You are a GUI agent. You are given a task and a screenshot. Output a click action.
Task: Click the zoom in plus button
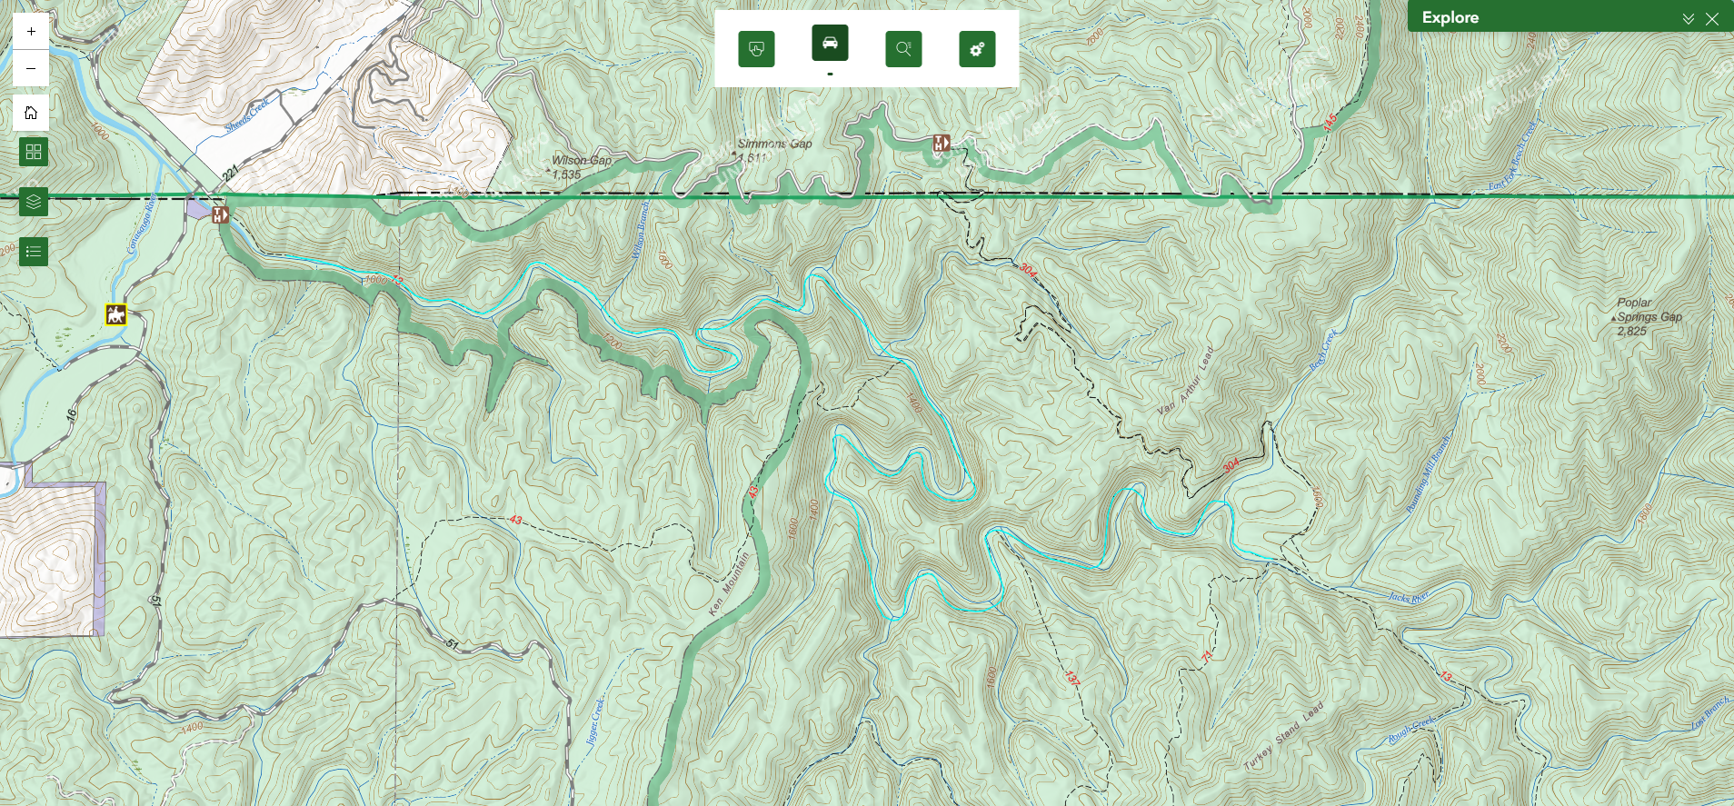point(31,31)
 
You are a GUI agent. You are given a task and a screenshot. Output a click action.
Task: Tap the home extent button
point(31,113)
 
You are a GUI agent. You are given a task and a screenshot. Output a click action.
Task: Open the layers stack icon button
point(34,202)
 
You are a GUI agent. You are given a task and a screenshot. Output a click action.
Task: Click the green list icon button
point(34,252)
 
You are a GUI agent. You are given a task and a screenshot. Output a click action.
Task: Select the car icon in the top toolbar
point(830,43)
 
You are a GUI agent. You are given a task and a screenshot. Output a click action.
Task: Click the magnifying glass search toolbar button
point(903,49)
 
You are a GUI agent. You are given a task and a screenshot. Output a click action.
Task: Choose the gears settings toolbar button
point(977,49)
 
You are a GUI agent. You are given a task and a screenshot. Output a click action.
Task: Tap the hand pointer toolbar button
point(756,49)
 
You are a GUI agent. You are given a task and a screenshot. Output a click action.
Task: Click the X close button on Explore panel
point(1712,18)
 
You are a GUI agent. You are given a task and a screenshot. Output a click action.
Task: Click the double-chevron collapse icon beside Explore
point(1688,18)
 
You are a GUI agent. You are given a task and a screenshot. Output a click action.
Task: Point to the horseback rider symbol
point(115,315)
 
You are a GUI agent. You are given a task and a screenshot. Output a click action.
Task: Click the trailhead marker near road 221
point(220,215)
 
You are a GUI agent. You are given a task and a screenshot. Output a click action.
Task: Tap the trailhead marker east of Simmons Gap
point(942,144)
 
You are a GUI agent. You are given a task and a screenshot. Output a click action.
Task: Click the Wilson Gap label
point(581,161)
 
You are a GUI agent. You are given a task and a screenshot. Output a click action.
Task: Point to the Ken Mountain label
point(729,583)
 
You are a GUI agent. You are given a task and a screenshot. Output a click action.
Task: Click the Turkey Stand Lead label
point(1282,736)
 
